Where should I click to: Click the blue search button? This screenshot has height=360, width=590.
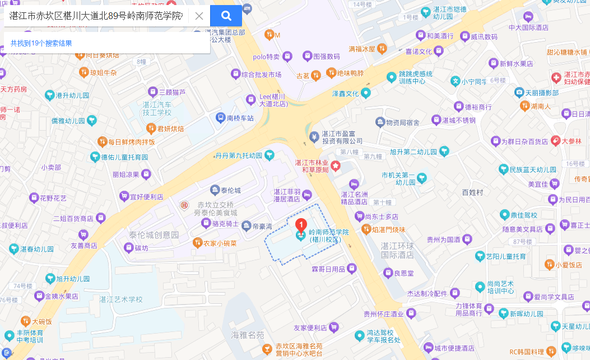[x=226, y=15]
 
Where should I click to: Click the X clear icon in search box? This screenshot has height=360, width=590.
[x=199, y=16]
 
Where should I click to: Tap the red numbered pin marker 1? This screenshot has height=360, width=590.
[x=301, y=226]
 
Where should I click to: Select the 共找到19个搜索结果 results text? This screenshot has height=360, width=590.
[x=41, y=43]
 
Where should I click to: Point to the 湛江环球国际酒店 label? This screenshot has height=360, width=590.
[x=397, y=250]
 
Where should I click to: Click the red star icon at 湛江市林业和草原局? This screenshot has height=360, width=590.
[x=335, y=165]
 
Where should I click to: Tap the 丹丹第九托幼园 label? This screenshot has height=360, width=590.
[x=239, y=155]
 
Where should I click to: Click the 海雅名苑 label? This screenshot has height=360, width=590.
[x=247, y=335]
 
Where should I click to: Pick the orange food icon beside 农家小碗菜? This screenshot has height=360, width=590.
[x=197, y=243]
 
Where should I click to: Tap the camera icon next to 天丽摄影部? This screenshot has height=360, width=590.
[x=519, y=92]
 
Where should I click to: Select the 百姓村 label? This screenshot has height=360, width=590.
[x=472, y=192]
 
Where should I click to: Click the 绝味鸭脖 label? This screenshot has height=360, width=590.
[x=351, y=73]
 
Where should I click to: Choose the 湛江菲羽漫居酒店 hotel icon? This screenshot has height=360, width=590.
[x=306, y=195]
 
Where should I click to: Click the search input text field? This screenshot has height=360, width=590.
[x=95, y=16]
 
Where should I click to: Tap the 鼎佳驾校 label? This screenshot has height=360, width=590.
[x=527, y=214]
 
